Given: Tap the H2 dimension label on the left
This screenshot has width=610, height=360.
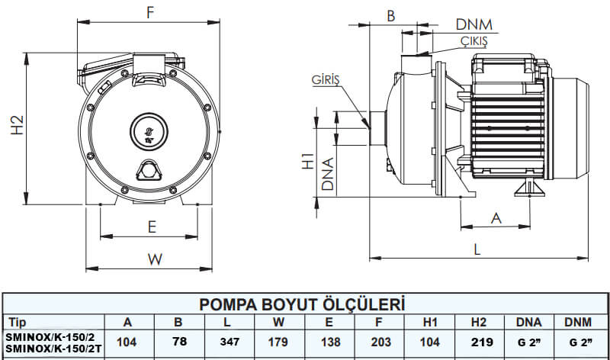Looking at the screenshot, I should point(18,126).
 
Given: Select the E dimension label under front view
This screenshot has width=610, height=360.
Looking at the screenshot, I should point(152,227).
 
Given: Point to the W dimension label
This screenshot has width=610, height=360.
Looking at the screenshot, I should point(155,259).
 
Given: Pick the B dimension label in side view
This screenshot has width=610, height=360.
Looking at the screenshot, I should point(390,15).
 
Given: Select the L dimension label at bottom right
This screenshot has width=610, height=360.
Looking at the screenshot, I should point(477,249).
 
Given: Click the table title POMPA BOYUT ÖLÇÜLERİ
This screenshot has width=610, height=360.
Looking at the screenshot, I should point(302,305).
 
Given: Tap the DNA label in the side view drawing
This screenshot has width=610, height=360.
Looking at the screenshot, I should point(327,174).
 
